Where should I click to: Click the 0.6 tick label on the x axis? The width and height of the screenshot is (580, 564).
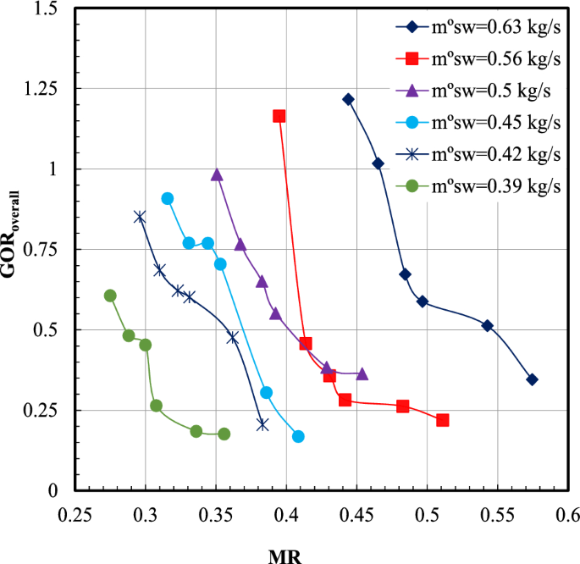point(567,513)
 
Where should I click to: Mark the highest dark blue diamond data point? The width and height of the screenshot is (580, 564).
point(348,99)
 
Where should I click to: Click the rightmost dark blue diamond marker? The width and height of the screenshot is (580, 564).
point(532,379)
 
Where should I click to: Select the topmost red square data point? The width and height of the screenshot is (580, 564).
point(279,116)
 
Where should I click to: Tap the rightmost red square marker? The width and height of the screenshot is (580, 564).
point(442,420)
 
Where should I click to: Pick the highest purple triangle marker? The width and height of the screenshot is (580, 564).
point(217,174)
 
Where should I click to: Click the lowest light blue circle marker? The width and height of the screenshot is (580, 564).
point(298,436)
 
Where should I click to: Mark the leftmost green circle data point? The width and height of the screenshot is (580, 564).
point(110,296)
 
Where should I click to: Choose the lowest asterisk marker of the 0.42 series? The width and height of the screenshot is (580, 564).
point(262,424)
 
